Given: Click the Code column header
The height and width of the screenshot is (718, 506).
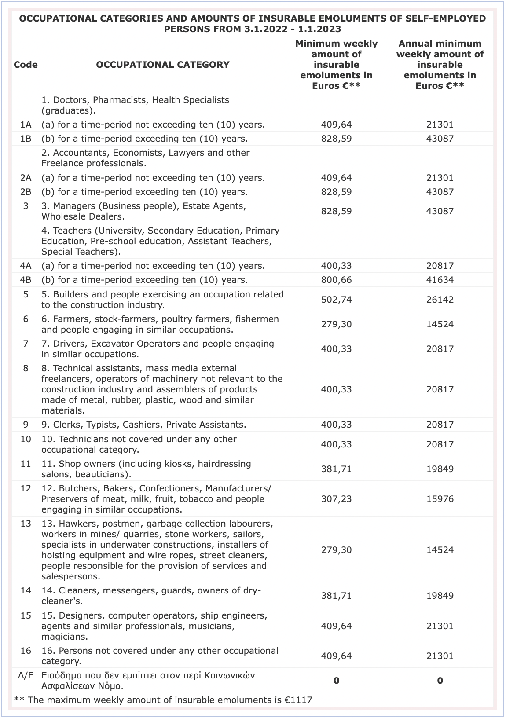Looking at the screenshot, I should click(26, 65).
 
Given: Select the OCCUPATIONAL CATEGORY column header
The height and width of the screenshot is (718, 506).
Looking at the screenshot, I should click(162, 65).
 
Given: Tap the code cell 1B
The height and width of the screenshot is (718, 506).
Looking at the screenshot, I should click(26, 139).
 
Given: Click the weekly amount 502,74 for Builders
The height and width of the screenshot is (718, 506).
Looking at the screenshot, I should click(336, 300).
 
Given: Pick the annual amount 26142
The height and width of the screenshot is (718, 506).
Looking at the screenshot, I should click(440, 300).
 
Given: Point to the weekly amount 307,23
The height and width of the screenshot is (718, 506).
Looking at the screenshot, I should click(336, 499).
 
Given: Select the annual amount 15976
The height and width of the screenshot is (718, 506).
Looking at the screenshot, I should click(440, 499).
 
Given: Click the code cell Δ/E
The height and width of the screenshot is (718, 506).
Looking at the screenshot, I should click(26, 675).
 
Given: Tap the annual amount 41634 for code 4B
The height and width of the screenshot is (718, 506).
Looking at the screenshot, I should click(440, 280).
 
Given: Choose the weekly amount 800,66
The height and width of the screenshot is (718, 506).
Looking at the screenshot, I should click(336, 280).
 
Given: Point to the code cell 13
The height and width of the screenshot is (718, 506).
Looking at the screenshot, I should click(26, 524).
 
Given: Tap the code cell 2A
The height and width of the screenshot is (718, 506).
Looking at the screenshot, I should click(26, 178).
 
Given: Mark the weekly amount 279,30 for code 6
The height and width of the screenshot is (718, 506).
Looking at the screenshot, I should click(336, 324).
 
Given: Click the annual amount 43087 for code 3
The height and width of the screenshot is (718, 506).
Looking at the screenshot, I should click(440, 211).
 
